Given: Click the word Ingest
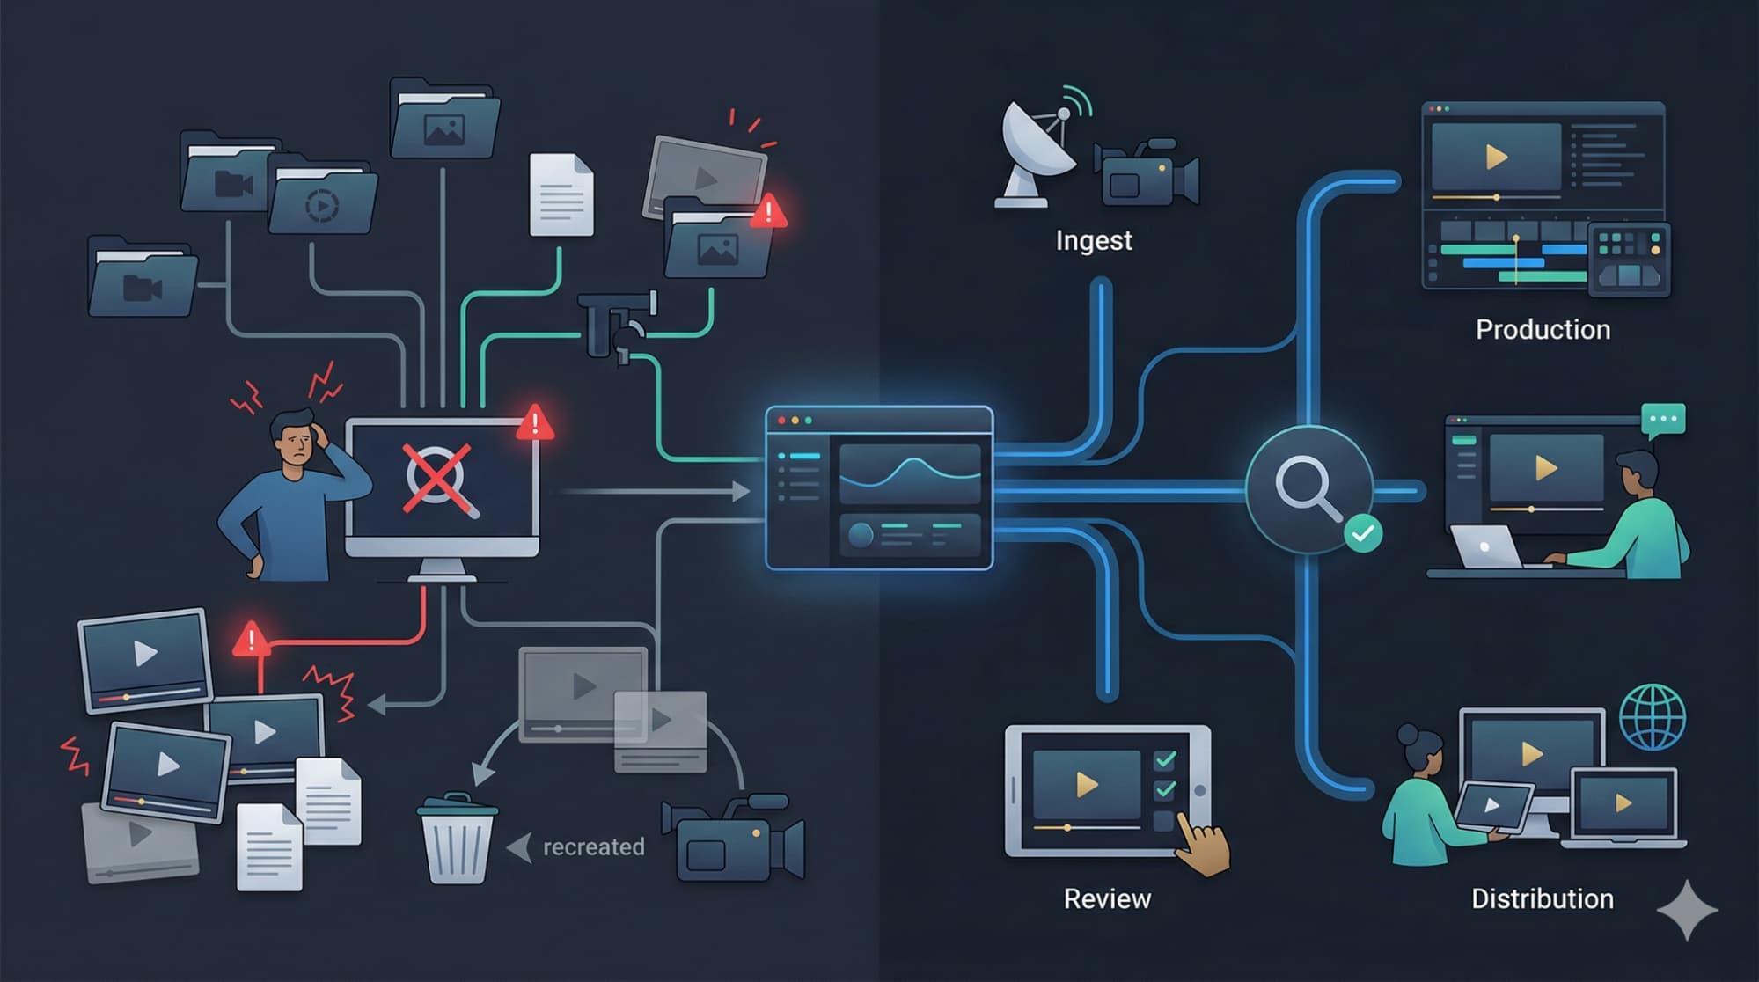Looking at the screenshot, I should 1093,240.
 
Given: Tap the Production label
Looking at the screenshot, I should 1543,329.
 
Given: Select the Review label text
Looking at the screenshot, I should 1107,898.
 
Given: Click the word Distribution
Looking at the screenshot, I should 1542,898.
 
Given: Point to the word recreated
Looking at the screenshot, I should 593,846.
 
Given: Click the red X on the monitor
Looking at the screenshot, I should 436,478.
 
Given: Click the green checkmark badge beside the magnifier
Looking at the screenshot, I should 1362,533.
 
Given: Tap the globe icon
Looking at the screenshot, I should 1652,716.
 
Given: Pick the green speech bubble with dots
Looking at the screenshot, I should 1662,420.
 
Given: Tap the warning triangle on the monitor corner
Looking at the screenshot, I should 534,423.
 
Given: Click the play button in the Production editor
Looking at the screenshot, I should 1495,157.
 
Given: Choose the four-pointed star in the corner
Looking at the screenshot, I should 1687,910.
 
